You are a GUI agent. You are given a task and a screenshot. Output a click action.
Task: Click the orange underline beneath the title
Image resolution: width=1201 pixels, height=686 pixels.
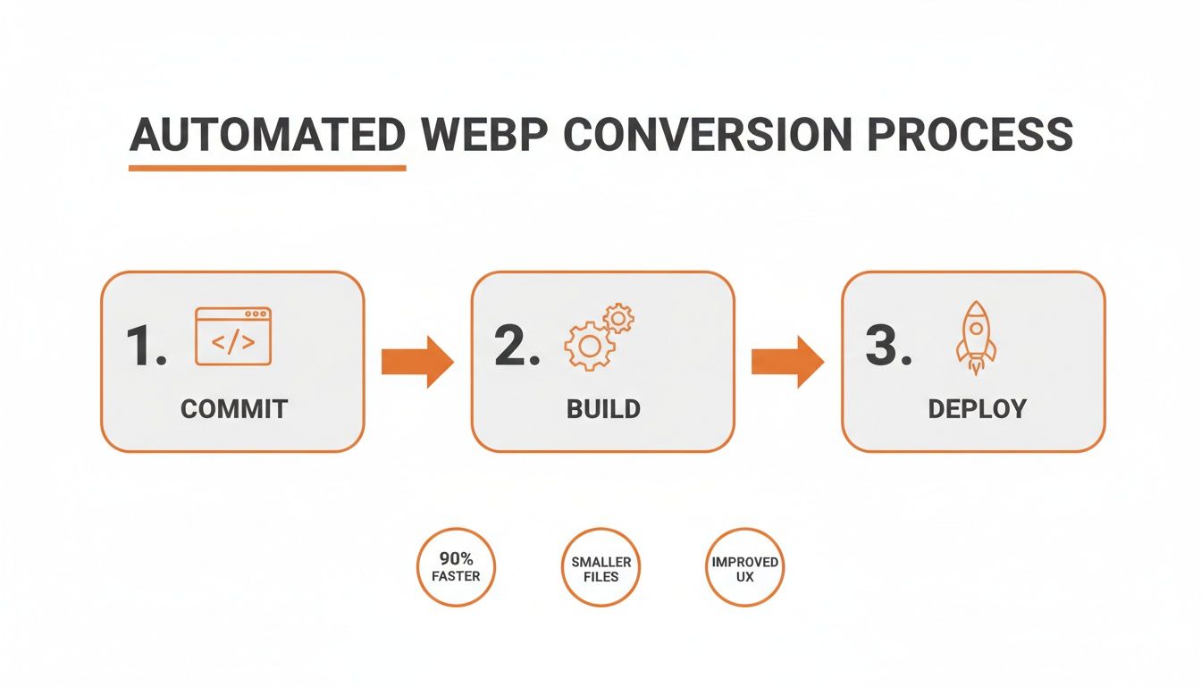coord(267,167)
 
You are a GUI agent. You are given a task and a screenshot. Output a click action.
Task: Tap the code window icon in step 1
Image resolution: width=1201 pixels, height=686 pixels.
coord(232,337)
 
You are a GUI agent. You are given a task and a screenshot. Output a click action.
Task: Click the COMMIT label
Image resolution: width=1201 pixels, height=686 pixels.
coord(234,409)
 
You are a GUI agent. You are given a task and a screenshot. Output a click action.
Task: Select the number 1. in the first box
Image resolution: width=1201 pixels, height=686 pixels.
coord(146,346)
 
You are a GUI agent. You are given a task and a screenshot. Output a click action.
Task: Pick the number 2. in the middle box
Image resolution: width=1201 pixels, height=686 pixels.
coord(517,346)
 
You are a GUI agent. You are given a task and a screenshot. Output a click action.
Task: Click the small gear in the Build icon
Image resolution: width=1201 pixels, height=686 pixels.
coord(618,318)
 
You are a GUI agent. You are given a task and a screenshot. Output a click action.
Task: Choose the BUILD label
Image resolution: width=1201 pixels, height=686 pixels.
coord(603,409)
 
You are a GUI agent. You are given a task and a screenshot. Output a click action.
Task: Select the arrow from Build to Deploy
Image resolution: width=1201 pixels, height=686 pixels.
coord(787,362)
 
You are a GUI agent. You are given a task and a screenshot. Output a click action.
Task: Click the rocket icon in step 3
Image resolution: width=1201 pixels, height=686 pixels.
coord(976,338)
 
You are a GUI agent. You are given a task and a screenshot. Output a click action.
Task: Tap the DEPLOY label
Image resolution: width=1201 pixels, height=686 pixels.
coord(977,409)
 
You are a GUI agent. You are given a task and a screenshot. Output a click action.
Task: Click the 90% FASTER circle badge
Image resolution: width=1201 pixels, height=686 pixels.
coord(456,567)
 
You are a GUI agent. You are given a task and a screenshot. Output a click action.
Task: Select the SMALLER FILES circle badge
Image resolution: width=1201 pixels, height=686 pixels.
coord(601,567)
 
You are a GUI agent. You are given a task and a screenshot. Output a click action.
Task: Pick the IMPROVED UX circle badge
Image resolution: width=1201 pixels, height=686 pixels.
coord(744,567)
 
